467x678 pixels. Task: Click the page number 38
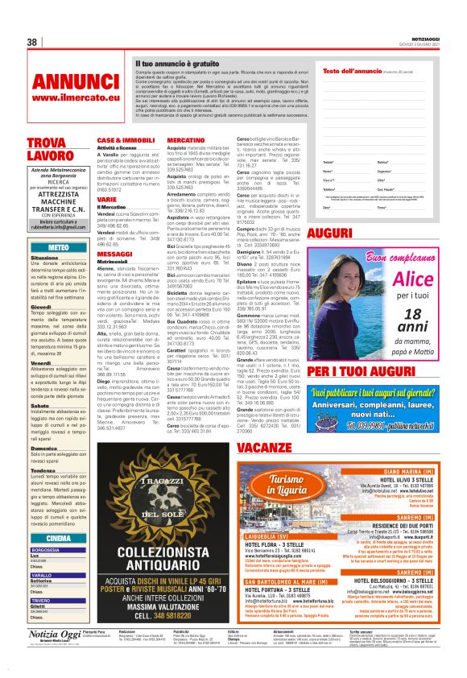tap(33, 43)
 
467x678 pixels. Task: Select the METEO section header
tap(59, 247)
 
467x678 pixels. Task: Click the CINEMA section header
tap(59, 537)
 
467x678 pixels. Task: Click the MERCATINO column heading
tap(186, 140)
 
